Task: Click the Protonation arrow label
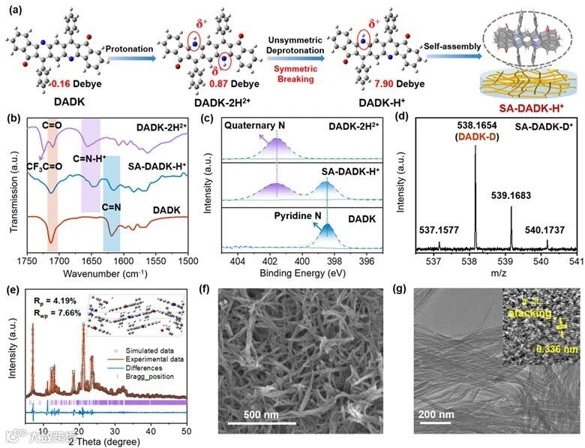133,44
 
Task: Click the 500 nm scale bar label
263,414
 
